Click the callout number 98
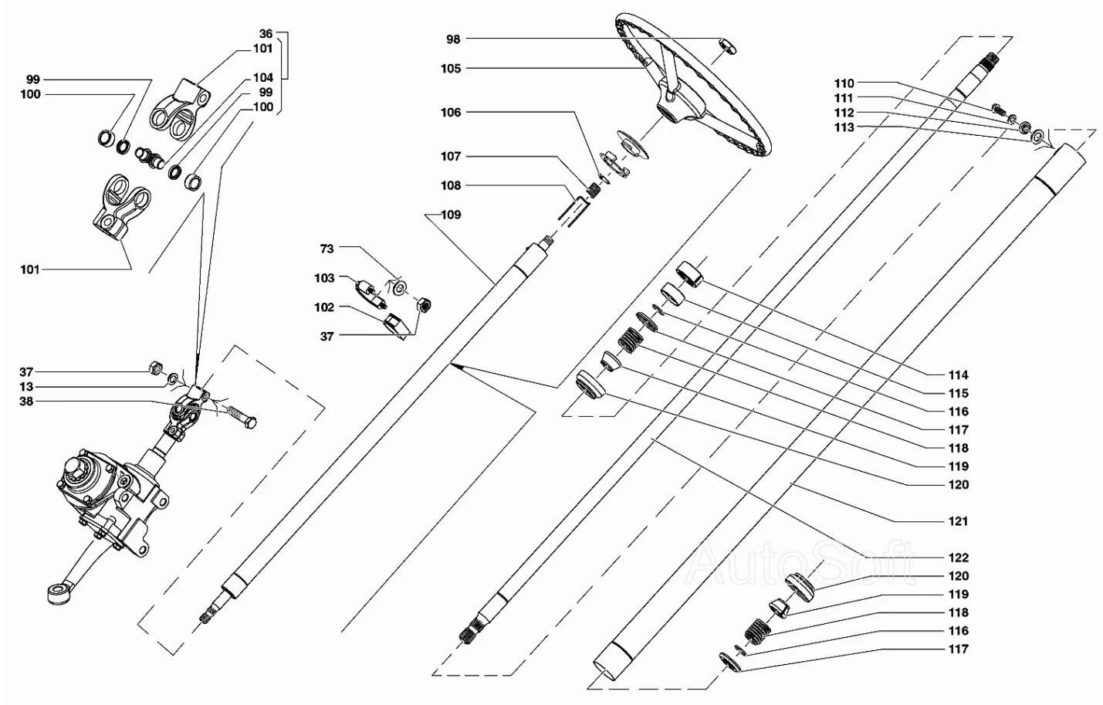[x=453, y=39]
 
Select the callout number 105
[x=451, y=69]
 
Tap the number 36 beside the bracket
[x=266, y=33]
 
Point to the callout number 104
[x=263, y=77]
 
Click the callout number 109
[x=451, y=215]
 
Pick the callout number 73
[x=327, y=249]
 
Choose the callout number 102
[x=324, y=307]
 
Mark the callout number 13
[x=26, y=387]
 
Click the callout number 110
[x=844, y=83]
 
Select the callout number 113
[x=844, y=127]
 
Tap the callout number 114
[x=958, y=375]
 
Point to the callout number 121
[x=958, y=521]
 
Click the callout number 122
[x=958, y=558]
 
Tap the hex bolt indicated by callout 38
[x=242, y=416]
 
